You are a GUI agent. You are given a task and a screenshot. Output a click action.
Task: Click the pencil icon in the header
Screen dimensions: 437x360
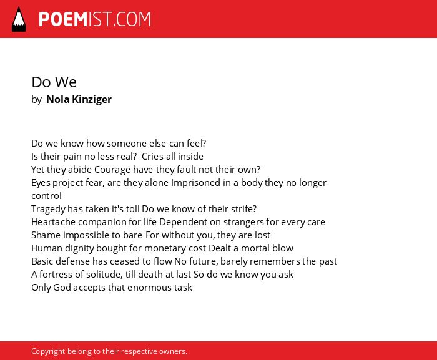click(x=19, y=19)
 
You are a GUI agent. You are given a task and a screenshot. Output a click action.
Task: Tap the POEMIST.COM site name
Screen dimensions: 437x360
click(x=95, y=19)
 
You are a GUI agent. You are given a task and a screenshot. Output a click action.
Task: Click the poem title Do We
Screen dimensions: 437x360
click(x=54, y=82)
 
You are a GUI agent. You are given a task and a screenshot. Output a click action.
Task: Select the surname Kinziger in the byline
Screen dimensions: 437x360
click(x=92, y=99)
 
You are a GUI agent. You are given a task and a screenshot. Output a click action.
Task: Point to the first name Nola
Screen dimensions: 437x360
click(x=57, y=99)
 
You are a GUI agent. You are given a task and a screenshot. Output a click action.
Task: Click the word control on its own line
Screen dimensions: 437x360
click(x=46, y=196)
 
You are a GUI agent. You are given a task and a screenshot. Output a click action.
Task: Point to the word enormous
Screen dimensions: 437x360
click(x=150, y=288)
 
